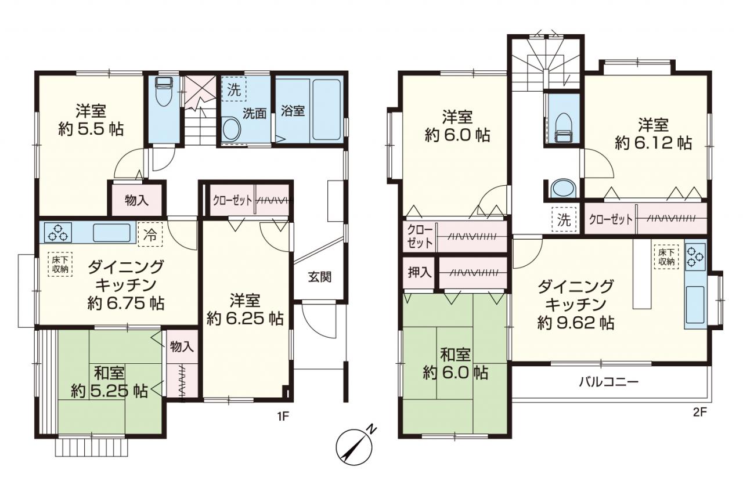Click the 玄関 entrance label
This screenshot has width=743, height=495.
tap(320, 277)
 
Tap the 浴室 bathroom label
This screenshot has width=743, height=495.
tap(293, 110)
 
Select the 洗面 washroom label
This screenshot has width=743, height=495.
tap(254, 113)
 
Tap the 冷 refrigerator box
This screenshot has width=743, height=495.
tap(150, 234)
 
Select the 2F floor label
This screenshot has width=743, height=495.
tap(700, 412)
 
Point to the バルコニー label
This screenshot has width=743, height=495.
tap(609, 382)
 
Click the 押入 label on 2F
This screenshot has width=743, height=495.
tap(420, 273)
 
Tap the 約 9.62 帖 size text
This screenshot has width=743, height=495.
tap(576, 323)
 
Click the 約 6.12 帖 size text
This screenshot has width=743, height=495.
tap(653, 143)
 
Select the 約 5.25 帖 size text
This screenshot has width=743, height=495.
tap(109, 392)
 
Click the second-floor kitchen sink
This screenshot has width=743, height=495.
tap(695, 305)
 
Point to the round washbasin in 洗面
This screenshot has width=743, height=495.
tap(232, 129)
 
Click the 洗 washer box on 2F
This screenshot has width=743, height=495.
tap(564, 219)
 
